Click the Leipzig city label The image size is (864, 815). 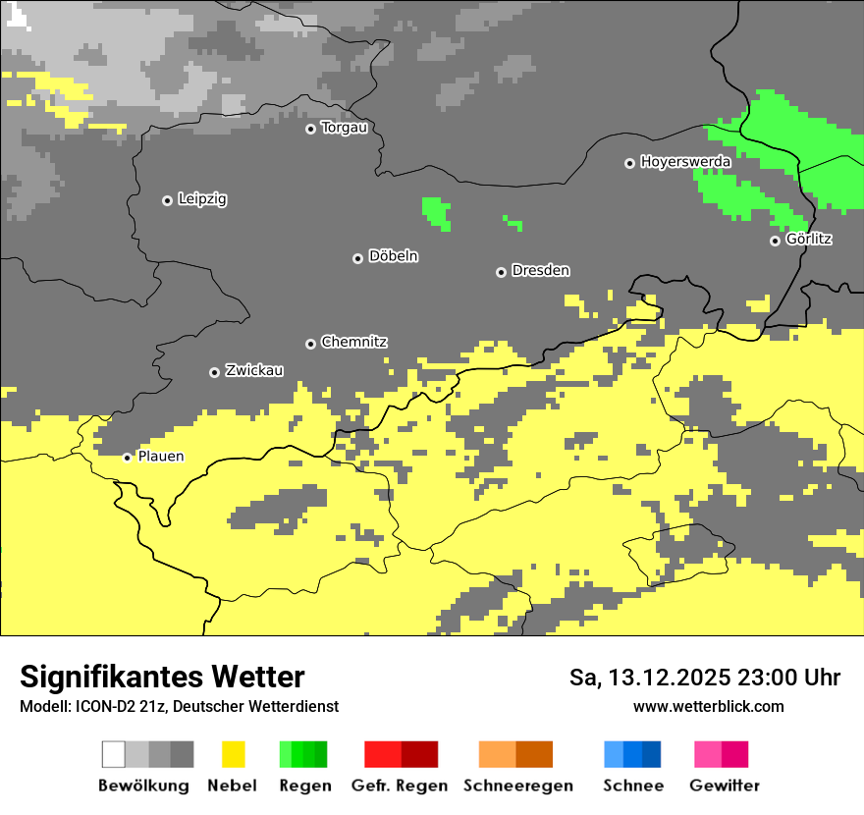[202, 199]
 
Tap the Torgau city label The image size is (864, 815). [344, 128]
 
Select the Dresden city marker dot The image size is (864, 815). [501, 271]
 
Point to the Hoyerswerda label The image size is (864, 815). [685, 162]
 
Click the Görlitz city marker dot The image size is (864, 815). [775, 241]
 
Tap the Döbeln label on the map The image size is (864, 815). [393, 256]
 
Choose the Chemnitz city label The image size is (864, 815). [353, 343]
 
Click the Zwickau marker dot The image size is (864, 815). [214, 372]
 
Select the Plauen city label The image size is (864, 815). [160, 457]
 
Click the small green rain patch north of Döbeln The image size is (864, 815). [436, 212]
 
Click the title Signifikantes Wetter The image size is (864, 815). [162, 677]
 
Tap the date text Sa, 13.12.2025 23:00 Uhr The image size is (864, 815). [705, 678]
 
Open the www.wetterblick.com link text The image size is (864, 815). [708, 706]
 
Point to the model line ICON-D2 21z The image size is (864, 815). [179, 706]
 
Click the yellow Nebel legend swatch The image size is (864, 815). [233, 754]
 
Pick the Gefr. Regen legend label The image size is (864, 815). [400, 786]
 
